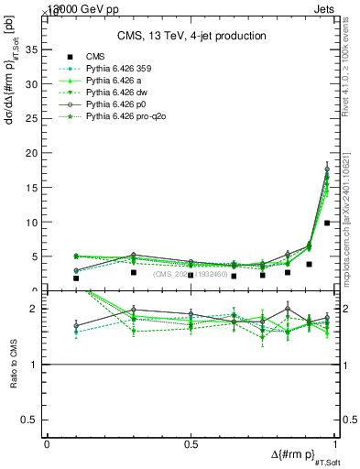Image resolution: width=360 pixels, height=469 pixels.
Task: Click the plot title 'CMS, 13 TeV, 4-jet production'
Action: pyautogui.click(x=191, y=36)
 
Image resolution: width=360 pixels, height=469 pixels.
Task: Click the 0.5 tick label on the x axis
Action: pyautogui.click(x=190, y=443)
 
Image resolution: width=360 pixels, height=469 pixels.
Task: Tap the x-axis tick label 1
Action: pyautogui.click(x=333, y=443)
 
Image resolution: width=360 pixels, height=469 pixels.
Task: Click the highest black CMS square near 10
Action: pyautogui.click(x=327, y=223)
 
